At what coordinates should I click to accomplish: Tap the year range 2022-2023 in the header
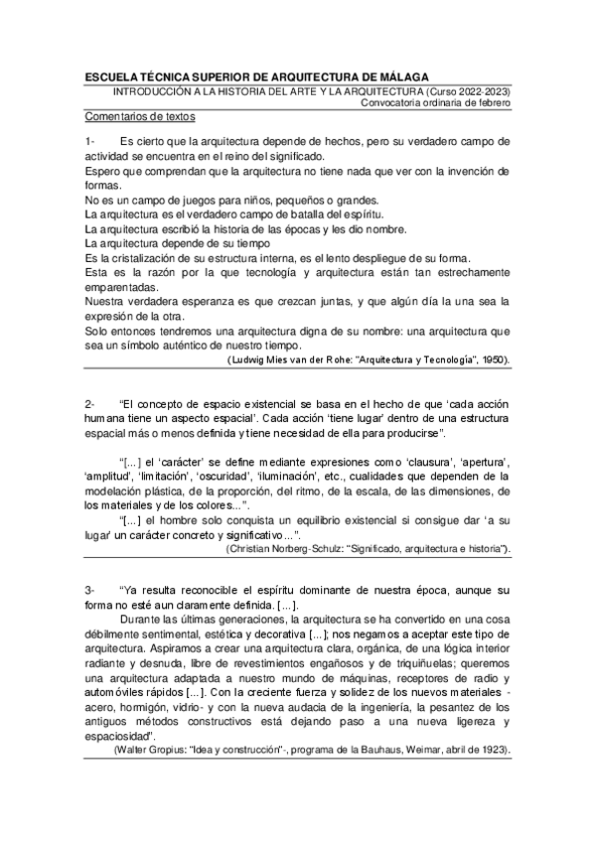click(480, 91)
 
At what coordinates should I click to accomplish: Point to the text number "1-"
click(90, 142)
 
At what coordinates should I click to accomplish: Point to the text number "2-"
click(90, 404)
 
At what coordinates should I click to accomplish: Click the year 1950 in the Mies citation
click(493, 358)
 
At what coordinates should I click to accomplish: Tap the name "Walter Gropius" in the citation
click(149, 751)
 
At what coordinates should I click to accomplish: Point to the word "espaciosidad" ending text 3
click(119, 736)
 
